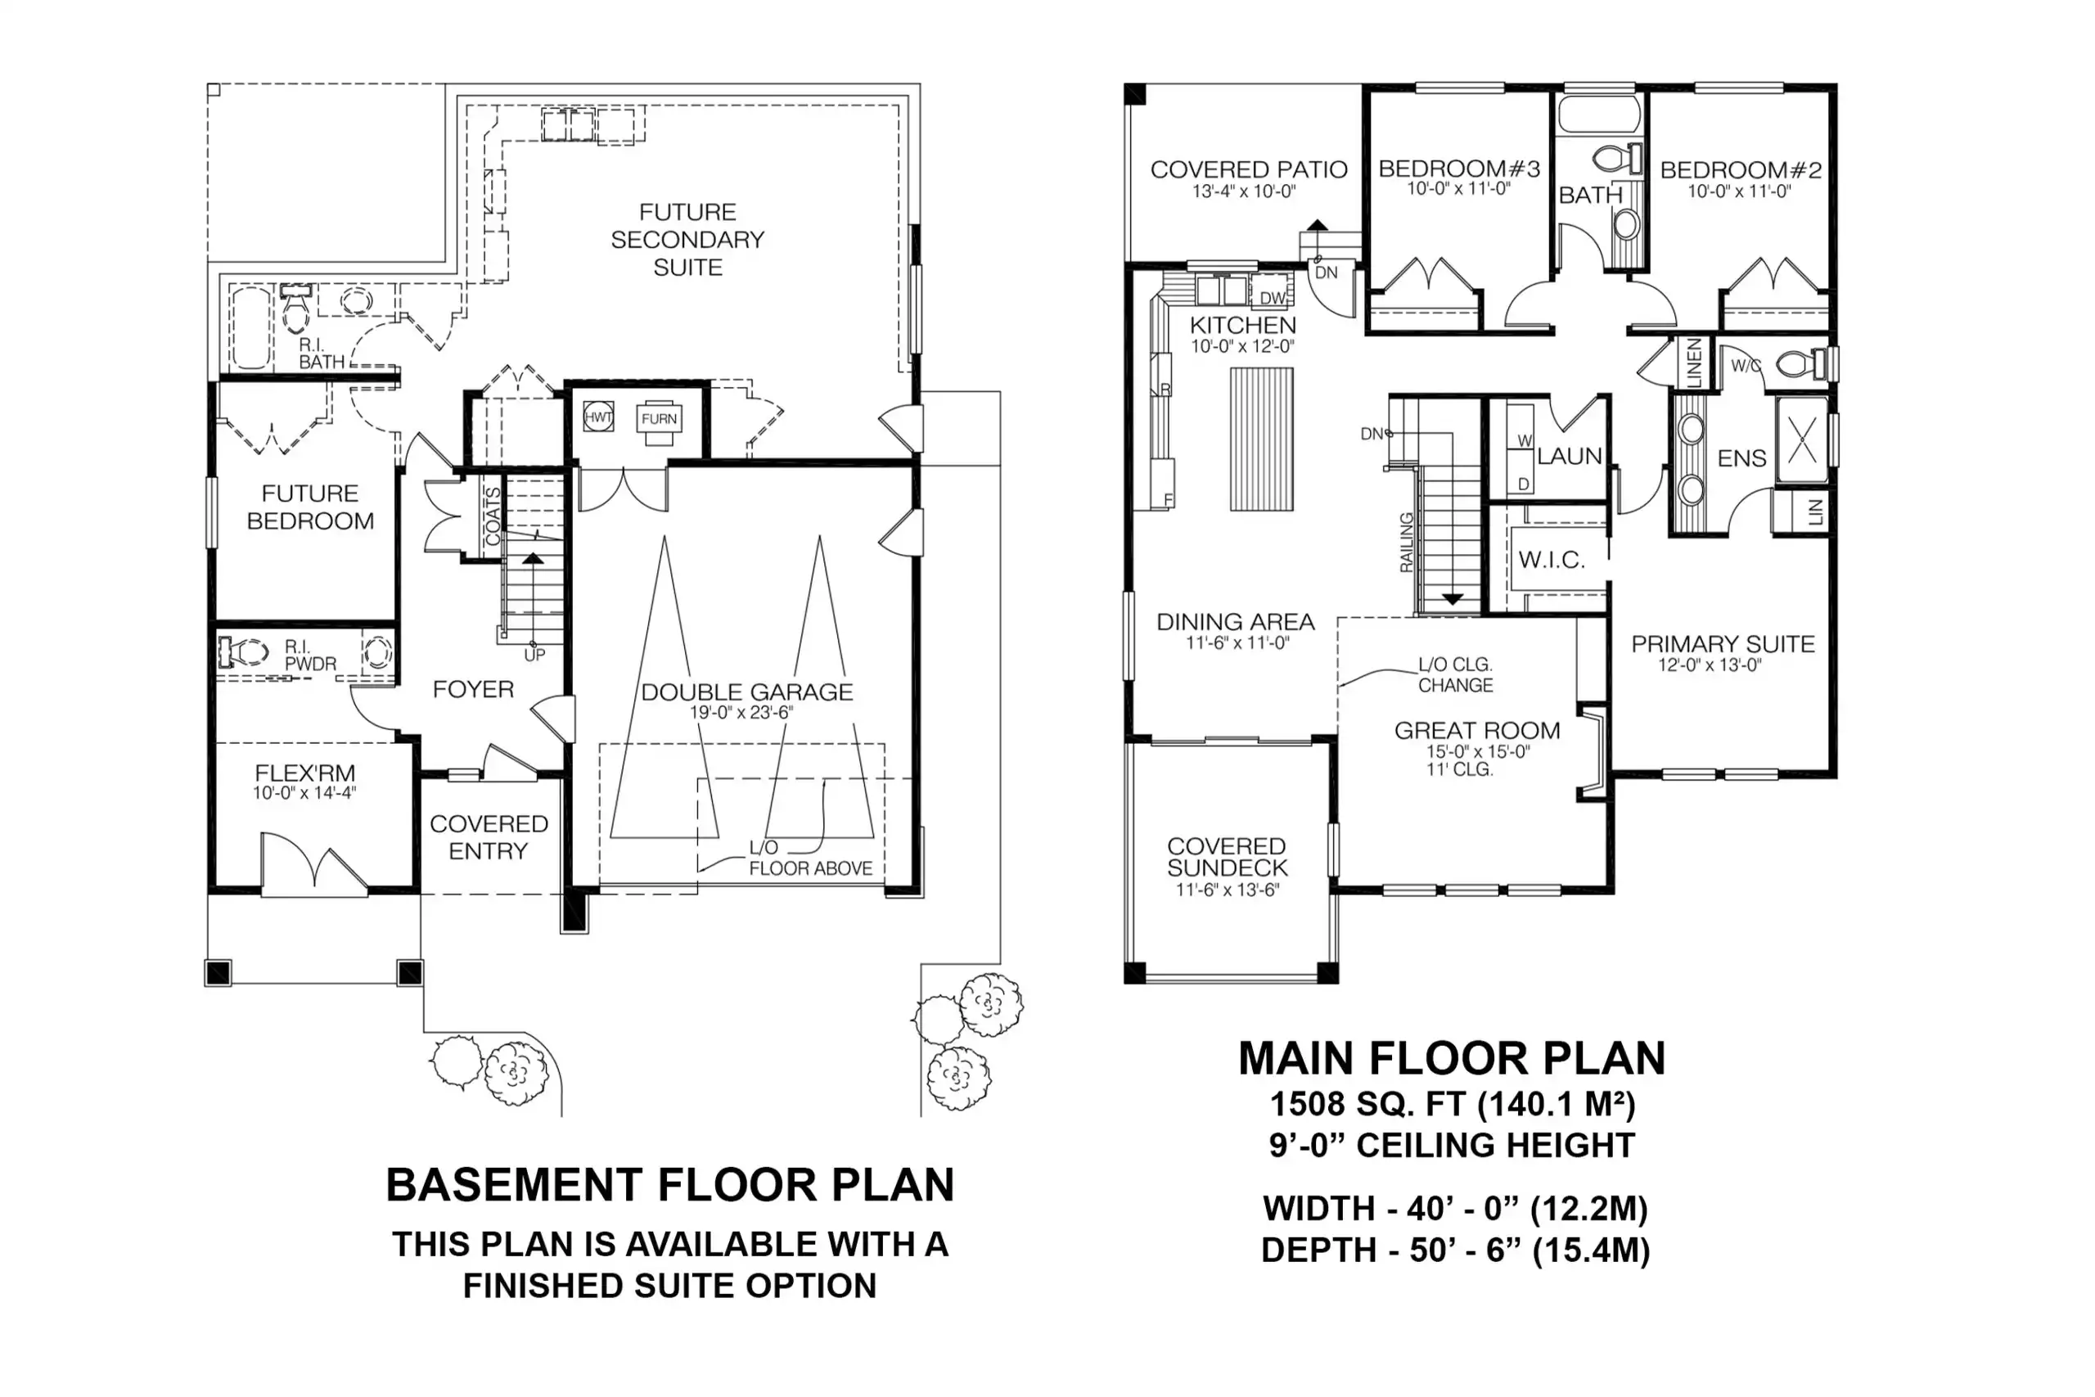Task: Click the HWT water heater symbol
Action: (x=598, y=417)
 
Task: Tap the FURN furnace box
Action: (x=659, y=420)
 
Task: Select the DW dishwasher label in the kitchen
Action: (x=1273, y=298)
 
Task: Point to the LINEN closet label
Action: (x=1694, y=363)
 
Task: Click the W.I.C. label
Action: (x=1552, y=560)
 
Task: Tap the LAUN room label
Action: (x=1570, y=456)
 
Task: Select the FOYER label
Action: (x=473, y=689)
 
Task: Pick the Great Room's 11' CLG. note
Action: (x=1459, y=769)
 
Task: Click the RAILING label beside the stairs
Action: (x=1407, y=543)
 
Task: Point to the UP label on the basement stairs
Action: (x=534, y=655)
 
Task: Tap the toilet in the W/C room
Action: (x=1801, y=363)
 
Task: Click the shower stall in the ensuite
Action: (x=1802, y=440)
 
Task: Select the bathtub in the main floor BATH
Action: (x=1599, y=115)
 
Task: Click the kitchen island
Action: (x=1261, y=439)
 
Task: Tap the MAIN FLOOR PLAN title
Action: (x=1452, y=1058)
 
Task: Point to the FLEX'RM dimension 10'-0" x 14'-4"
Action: (x=304, y=793)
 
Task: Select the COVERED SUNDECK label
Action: (x=1228, y=856)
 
